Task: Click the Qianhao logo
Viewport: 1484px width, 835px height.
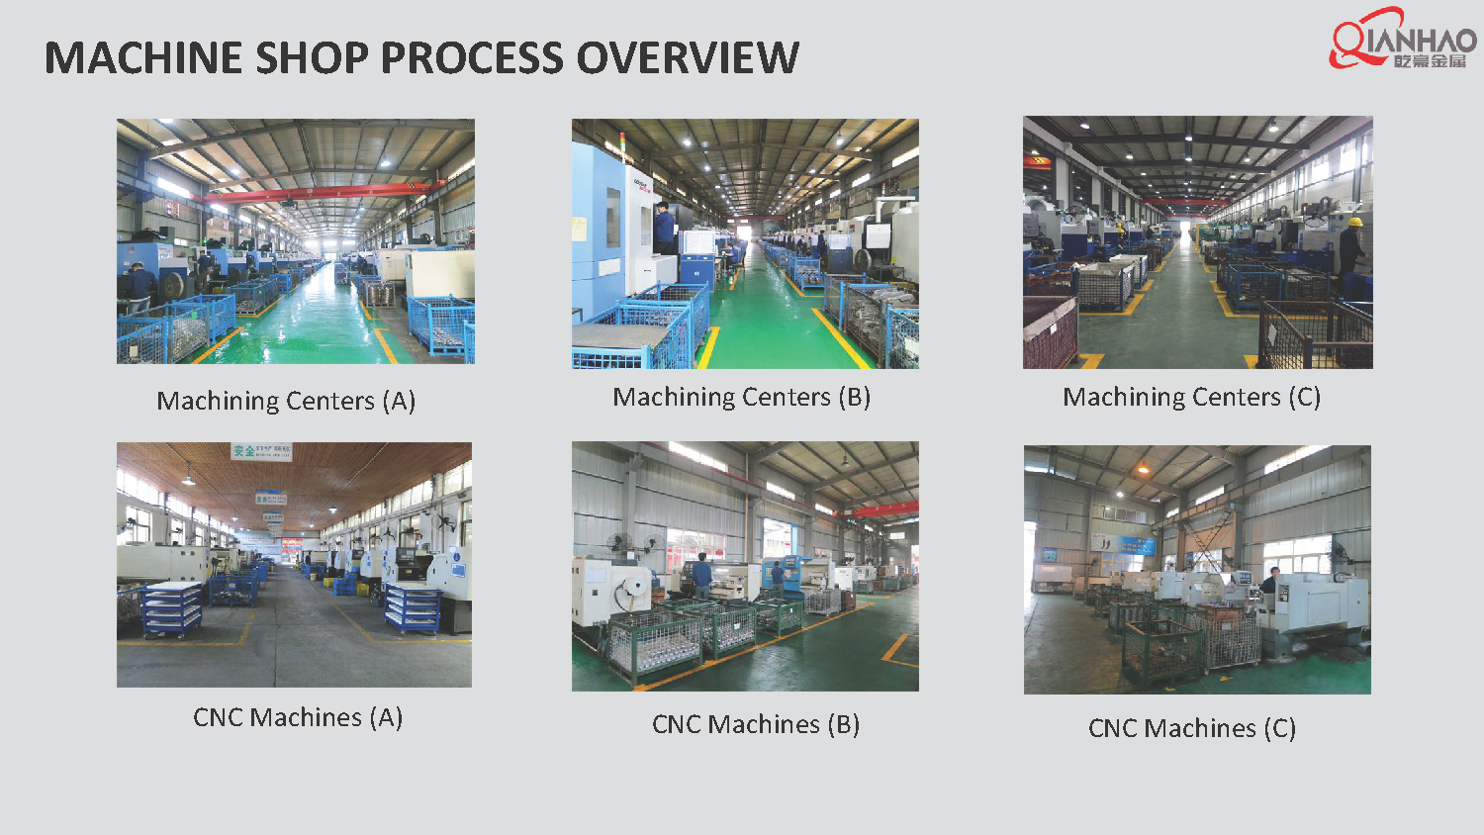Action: pos(1402,40)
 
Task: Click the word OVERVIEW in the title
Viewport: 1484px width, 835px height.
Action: pos(688,57)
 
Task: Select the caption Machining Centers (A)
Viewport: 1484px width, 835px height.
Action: pos(286,401)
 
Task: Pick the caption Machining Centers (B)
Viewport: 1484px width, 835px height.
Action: pos(741,397)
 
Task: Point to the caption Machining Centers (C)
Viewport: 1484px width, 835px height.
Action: pos(1191,397)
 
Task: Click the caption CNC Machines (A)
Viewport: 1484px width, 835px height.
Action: pos(298,717)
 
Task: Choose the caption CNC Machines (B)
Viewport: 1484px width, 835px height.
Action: pos(756,724)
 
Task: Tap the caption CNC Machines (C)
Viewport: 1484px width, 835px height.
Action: pos(1191,728)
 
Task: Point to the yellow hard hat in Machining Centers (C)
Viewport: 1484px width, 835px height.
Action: pos(1354,221)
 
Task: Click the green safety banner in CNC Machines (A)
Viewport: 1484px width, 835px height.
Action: pos(260,451)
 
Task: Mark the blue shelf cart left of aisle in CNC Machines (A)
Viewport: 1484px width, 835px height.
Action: pos(172,609)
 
